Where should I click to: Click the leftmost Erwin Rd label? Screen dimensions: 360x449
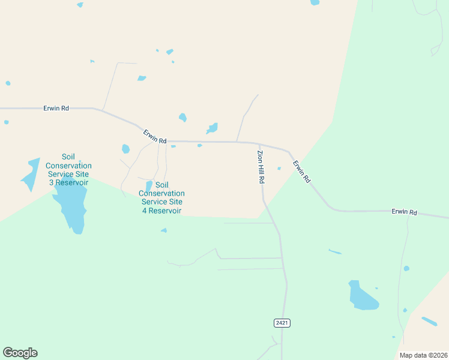click(56, 108)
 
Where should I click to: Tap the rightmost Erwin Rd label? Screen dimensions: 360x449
click(404, 212)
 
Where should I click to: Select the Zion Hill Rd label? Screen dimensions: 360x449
click(261, 167)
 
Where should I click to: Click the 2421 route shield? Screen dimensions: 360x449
click(282, 323)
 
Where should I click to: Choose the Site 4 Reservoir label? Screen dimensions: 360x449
click(161, 202)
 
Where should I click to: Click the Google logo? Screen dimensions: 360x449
click(20, 353)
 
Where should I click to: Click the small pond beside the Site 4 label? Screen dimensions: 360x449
click(149, 187)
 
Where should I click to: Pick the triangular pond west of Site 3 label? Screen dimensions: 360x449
click(31, 174)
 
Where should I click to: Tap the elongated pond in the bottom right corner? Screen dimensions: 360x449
click(429, 322)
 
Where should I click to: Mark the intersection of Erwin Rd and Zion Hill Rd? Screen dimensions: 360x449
click(259, 143)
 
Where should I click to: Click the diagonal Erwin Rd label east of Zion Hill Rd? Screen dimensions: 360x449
click(302, 172)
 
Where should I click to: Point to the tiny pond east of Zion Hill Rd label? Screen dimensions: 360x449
click(279, 168)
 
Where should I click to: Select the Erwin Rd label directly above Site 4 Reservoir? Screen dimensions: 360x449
click(154, 136)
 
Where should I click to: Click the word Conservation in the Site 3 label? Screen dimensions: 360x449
click(68, 166)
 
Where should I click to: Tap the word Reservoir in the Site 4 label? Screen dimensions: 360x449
click(161, 211)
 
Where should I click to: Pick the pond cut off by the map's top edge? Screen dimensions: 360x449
click(315, 2)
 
